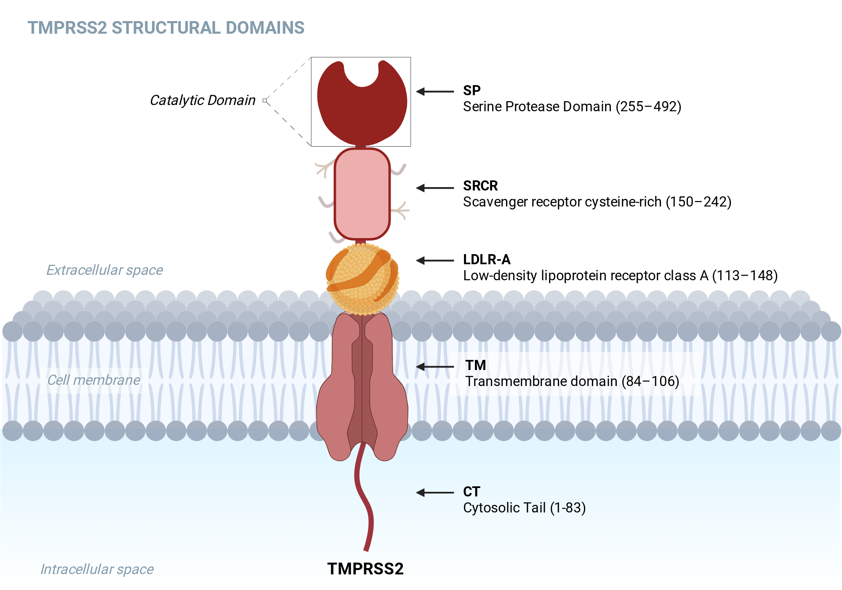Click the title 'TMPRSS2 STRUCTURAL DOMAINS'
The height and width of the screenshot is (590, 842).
click(166, 28)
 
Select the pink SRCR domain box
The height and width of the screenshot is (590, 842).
click(362, 194)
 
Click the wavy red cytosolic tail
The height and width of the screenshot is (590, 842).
click(363, 497)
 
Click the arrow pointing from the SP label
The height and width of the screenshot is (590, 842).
click(435, 91)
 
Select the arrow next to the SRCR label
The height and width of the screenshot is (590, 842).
click(435, 188)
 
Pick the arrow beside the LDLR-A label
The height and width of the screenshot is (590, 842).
click(435, 260)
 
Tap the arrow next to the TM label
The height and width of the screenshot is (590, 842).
click(435, 367)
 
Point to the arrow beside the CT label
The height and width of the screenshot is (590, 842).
click(435, 492)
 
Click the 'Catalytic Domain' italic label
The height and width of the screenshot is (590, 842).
click(203, 100)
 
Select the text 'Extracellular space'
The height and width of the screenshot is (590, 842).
click(104, 270)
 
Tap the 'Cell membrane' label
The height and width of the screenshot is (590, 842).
click(93, 380)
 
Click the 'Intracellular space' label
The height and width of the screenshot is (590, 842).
click(97, 569)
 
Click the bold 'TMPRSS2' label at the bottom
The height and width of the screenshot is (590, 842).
click(365, 569)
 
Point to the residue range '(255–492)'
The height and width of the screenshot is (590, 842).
click(648, 107)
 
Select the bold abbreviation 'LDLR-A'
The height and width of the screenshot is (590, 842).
click(487, 260)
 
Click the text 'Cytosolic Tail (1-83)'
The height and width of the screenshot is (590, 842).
click(525, 508)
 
